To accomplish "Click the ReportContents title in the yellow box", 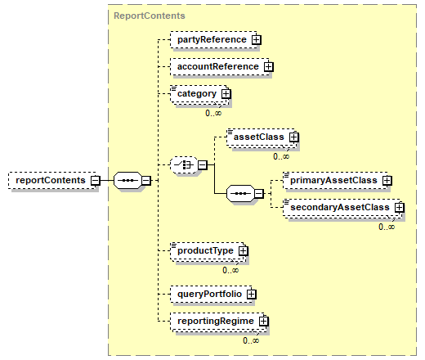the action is pos(150,16).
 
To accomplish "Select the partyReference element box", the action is pos(213,40).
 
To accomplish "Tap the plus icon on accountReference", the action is pos(269,66).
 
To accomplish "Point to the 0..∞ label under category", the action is pos(213,113).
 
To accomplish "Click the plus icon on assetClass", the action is pos(293,137).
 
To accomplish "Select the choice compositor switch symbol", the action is pos(184,164).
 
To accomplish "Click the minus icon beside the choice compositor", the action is pos(203,164).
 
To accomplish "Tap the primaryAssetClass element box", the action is pos(336,180).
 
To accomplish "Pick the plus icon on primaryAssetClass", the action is pos(387,180).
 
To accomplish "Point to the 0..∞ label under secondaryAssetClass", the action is pos(387,227).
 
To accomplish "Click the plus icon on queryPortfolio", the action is pos(251,294).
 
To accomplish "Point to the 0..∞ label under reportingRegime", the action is pos(251,340).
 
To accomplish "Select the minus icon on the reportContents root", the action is pos(96,180).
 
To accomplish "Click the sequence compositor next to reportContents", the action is pos(127,180).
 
